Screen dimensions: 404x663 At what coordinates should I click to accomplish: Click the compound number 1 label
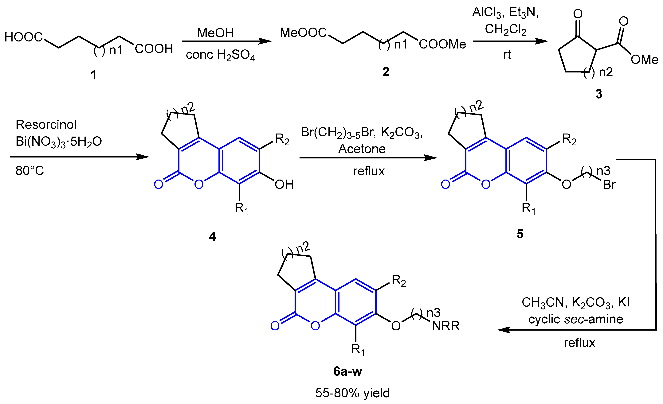(94, 75)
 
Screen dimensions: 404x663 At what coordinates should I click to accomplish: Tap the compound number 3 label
(598, 94)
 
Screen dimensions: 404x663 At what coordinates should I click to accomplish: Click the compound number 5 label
(520, 234)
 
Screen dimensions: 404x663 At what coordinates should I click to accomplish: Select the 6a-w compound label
(348, 371)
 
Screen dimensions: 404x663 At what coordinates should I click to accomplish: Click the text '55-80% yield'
(352, 393)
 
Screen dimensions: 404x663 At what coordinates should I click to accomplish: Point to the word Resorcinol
(46, 125)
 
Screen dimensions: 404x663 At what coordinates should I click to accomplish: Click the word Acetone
(362, 149)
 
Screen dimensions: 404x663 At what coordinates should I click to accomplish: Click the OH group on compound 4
(284, 185)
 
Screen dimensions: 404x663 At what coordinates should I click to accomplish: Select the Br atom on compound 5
(609, 185)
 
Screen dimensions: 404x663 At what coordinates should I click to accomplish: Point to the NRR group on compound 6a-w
(446, 326)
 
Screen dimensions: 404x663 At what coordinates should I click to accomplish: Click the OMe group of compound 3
(644, 60)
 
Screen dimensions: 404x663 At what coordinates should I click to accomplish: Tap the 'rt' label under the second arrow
(507, 55)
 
